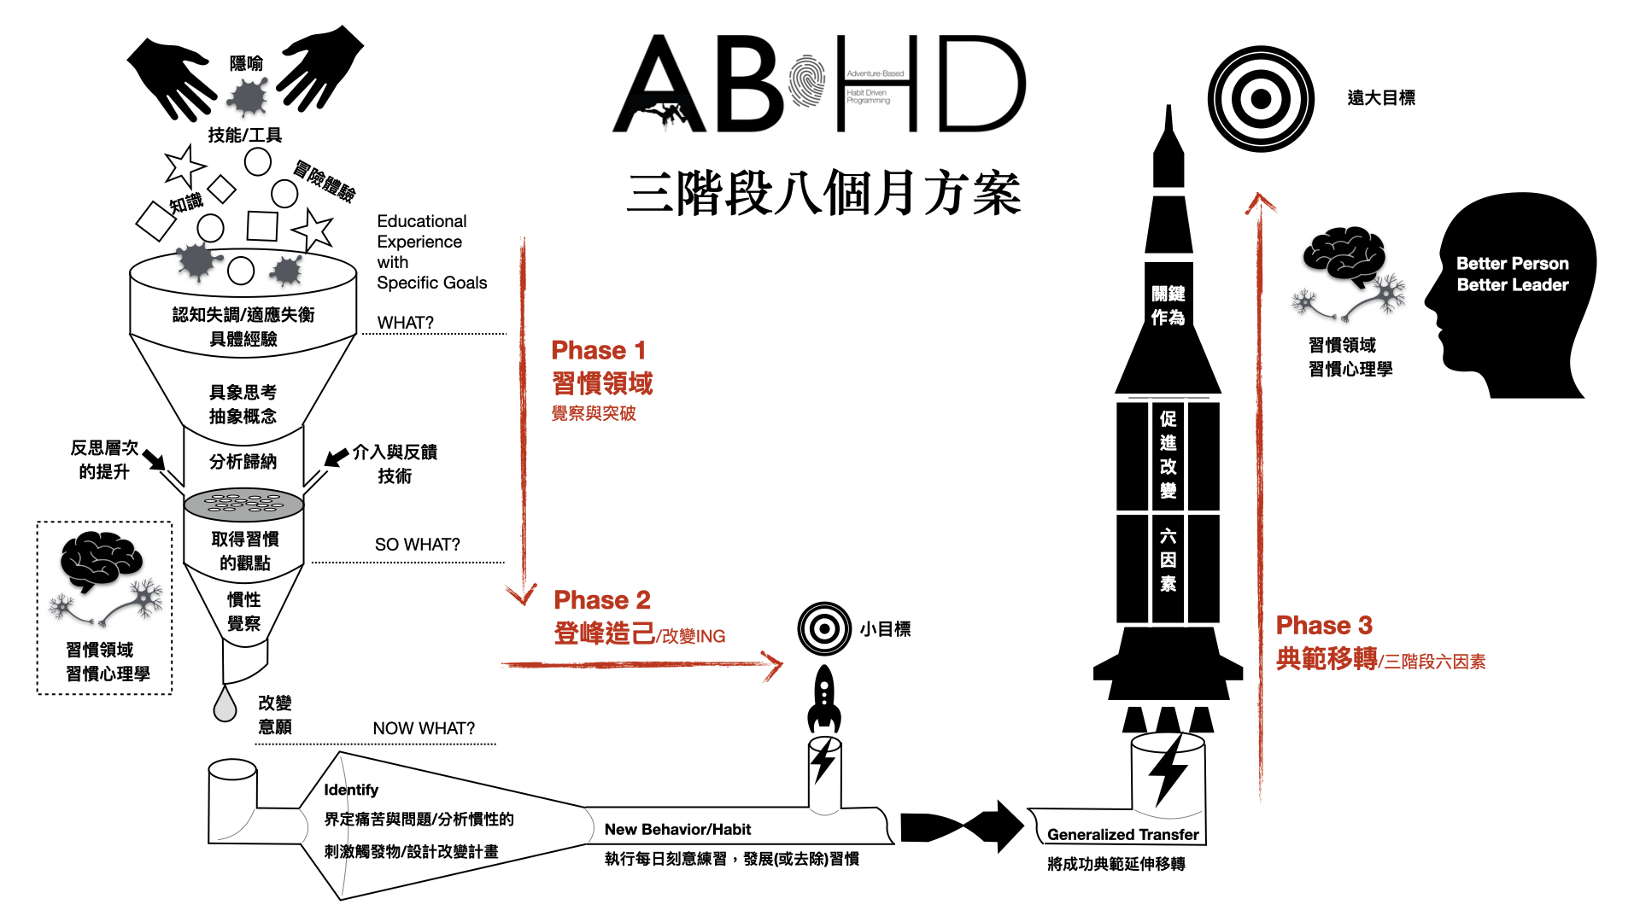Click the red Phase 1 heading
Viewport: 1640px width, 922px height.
pyautogui.click(x=598, y=350)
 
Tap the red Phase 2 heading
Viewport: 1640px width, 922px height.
pyautogui.click(x=601, y=599)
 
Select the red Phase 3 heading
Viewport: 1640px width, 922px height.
pyautogui.click(x=1323, y=625)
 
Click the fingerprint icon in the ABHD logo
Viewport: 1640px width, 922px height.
pyautogui.click(x=807, y=82)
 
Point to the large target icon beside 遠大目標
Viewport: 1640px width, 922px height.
pyautogui.click(x=1260, y=99)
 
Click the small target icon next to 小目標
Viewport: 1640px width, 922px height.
pyautogui.click(x=824, y=629)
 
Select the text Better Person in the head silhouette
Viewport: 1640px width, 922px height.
pyautogui.click(x=1512, y=263)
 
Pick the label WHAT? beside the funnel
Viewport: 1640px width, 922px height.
pyautogui.click(x=405, y=323)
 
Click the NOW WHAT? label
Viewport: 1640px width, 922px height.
pyautogui.click(x=424, y=728)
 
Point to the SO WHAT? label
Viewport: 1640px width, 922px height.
pyautogui.click(x=417, y=545)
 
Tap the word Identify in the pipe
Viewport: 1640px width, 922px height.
pyautogui.click(x=350, y=790)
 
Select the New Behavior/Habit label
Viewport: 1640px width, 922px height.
pyautogui.click(x=677, y=829)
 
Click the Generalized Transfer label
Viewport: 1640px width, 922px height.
pyautogui.click(x=1122, y=834)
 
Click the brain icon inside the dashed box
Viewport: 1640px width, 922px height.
pyautogui.click(x=100, y=559)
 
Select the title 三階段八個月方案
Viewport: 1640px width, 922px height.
pyautogui.click(x=823, y=194)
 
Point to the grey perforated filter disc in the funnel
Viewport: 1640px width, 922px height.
pyautogui.click(x=243, y=504)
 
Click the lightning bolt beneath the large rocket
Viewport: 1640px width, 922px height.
pyautogui.click(x=1168, y=768)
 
